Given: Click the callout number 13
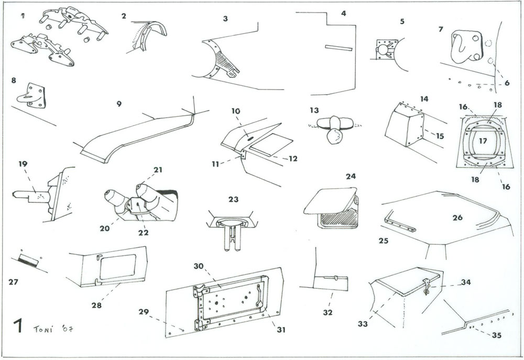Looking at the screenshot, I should pos(314,111).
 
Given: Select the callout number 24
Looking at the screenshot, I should pos(350,176).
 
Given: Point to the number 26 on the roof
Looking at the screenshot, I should pos(457,217).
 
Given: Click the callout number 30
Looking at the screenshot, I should pos(198,266).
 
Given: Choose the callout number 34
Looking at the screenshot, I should pos(466,282).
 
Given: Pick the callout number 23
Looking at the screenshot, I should pos(233,199).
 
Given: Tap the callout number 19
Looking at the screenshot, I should pos(23,163).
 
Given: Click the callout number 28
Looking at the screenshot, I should pos(96,304).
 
